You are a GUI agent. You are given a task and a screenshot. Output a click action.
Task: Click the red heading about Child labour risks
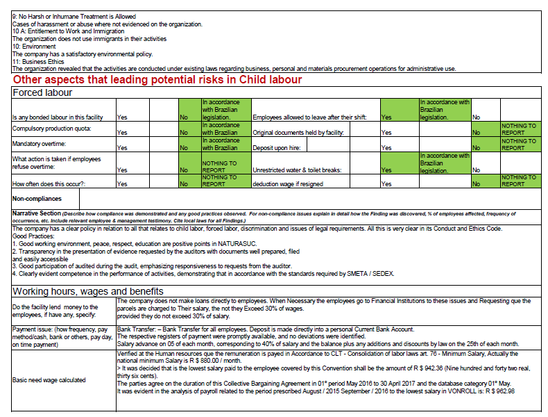click(157, 80)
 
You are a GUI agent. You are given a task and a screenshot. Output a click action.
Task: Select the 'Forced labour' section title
click(42, 92)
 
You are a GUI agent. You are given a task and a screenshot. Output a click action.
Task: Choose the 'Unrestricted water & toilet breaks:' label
click(302, 170)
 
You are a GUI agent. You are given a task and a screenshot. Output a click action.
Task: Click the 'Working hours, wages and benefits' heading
click(87, 291)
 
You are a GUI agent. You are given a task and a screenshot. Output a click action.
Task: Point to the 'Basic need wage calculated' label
click(49, 380)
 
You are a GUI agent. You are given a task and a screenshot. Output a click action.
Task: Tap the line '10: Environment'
click(35, 47)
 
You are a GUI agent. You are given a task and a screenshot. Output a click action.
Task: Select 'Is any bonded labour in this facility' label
click(57, 117)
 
